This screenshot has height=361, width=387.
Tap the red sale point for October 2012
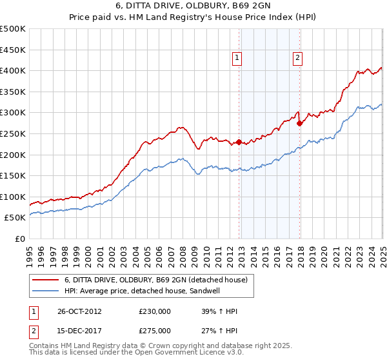tap(239, 142)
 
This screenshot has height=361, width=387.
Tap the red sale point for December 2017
tap(299, 123)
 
